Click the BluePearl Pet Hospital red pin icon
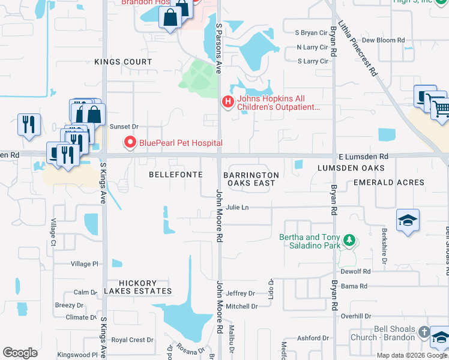click(129, 143)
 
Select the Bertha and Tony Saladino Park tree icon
click(348, 241)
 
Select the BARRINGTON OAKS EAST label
click(251, 179)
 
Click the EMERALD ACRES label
click(388, 182)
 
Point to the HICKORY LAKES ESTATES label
click(137, 287)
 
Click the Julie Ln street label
click(237, 208)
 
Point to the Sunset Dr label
click(124, 127)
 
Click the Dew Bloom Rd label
click(383, 40)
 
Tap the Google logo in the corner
click(20, 352)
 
